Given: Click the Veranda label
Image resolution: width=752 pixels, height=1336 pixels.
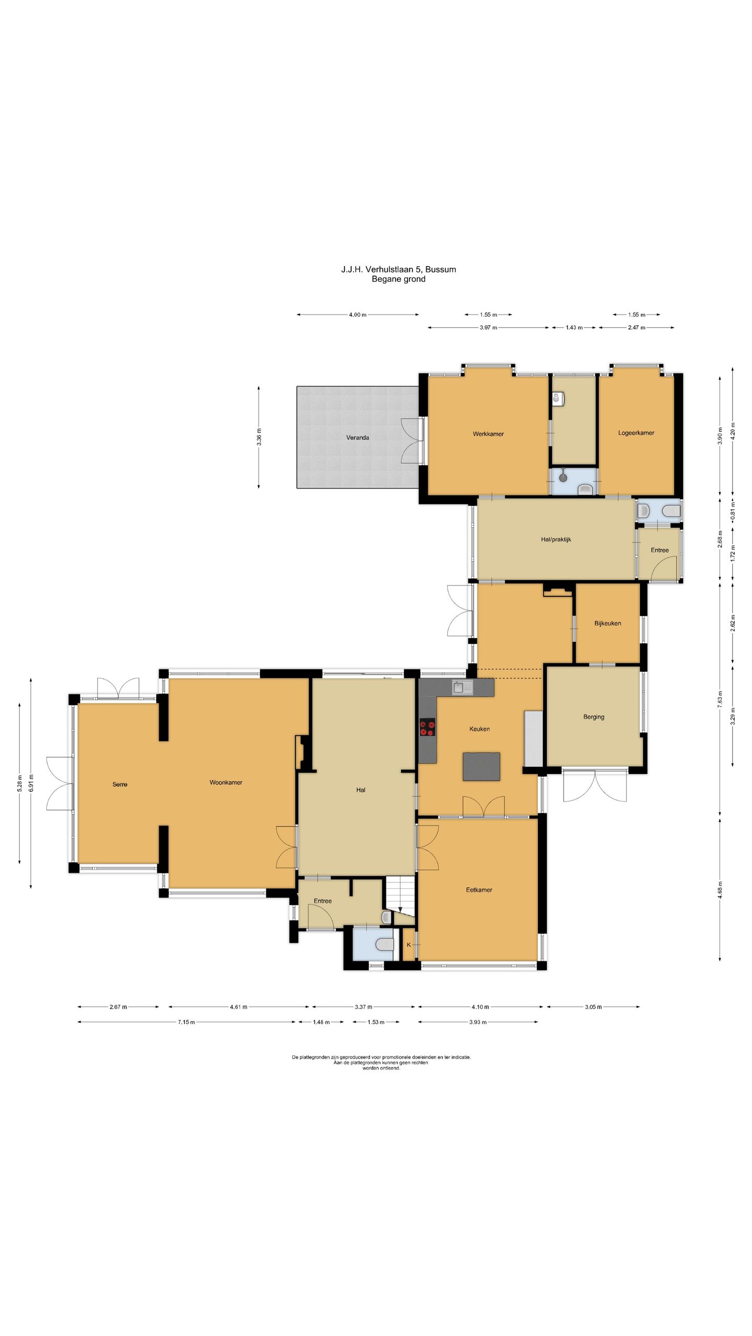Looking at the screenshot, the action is point(358,437).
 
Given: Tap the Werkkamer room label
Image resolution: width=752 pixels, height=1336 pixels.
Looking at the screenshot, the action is point(488,434).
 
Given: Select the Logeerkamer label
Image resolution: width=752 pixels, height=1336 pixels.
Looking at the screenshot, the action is point(636,433).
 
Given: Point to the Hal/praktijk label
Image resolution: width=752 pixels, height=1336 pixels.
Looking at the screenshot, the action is point(556,539).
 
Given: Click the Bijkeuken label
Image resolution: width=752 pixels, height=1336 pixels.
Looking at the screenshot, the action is point(608,623).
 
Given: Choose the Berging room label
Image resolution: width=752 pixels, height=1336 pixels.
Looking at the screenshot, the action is point(594,717).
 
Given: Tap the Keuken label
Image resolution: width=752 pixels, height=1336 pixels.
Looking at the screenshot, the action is point(479,729).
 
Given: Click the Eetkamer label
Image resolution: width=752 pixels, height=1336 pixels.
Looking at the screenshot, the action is point(479,889).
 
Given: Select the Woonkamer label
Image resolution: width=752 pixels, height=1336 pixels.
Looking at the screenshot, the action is point(226,782).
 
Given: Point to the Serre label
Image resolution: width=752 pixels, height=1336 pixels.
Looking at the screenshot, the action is point(120,784).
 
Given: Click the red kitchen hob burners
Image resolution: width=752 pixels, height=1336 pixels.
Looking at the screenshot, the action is point(427,727).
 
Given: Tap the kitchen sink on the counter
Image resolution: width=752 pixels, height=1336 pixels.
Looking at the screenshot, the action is point(462,688).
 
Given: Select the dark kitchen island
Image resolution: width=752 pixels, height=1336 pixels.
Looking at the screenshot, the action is point(481,767).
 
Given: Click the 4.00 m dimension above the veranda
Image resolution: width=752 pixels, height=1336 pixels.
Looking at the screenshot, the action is point(358,315).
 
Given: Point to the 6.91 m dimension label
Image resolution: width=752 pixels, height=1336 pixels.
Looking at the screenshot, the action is point(31,782).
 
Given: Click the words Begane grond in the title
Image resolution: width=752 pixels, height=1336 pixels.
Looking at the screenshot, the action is point(398,279).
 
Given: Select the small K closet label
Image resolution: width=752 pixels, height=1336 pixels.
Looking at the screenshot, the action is point(408,945).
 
